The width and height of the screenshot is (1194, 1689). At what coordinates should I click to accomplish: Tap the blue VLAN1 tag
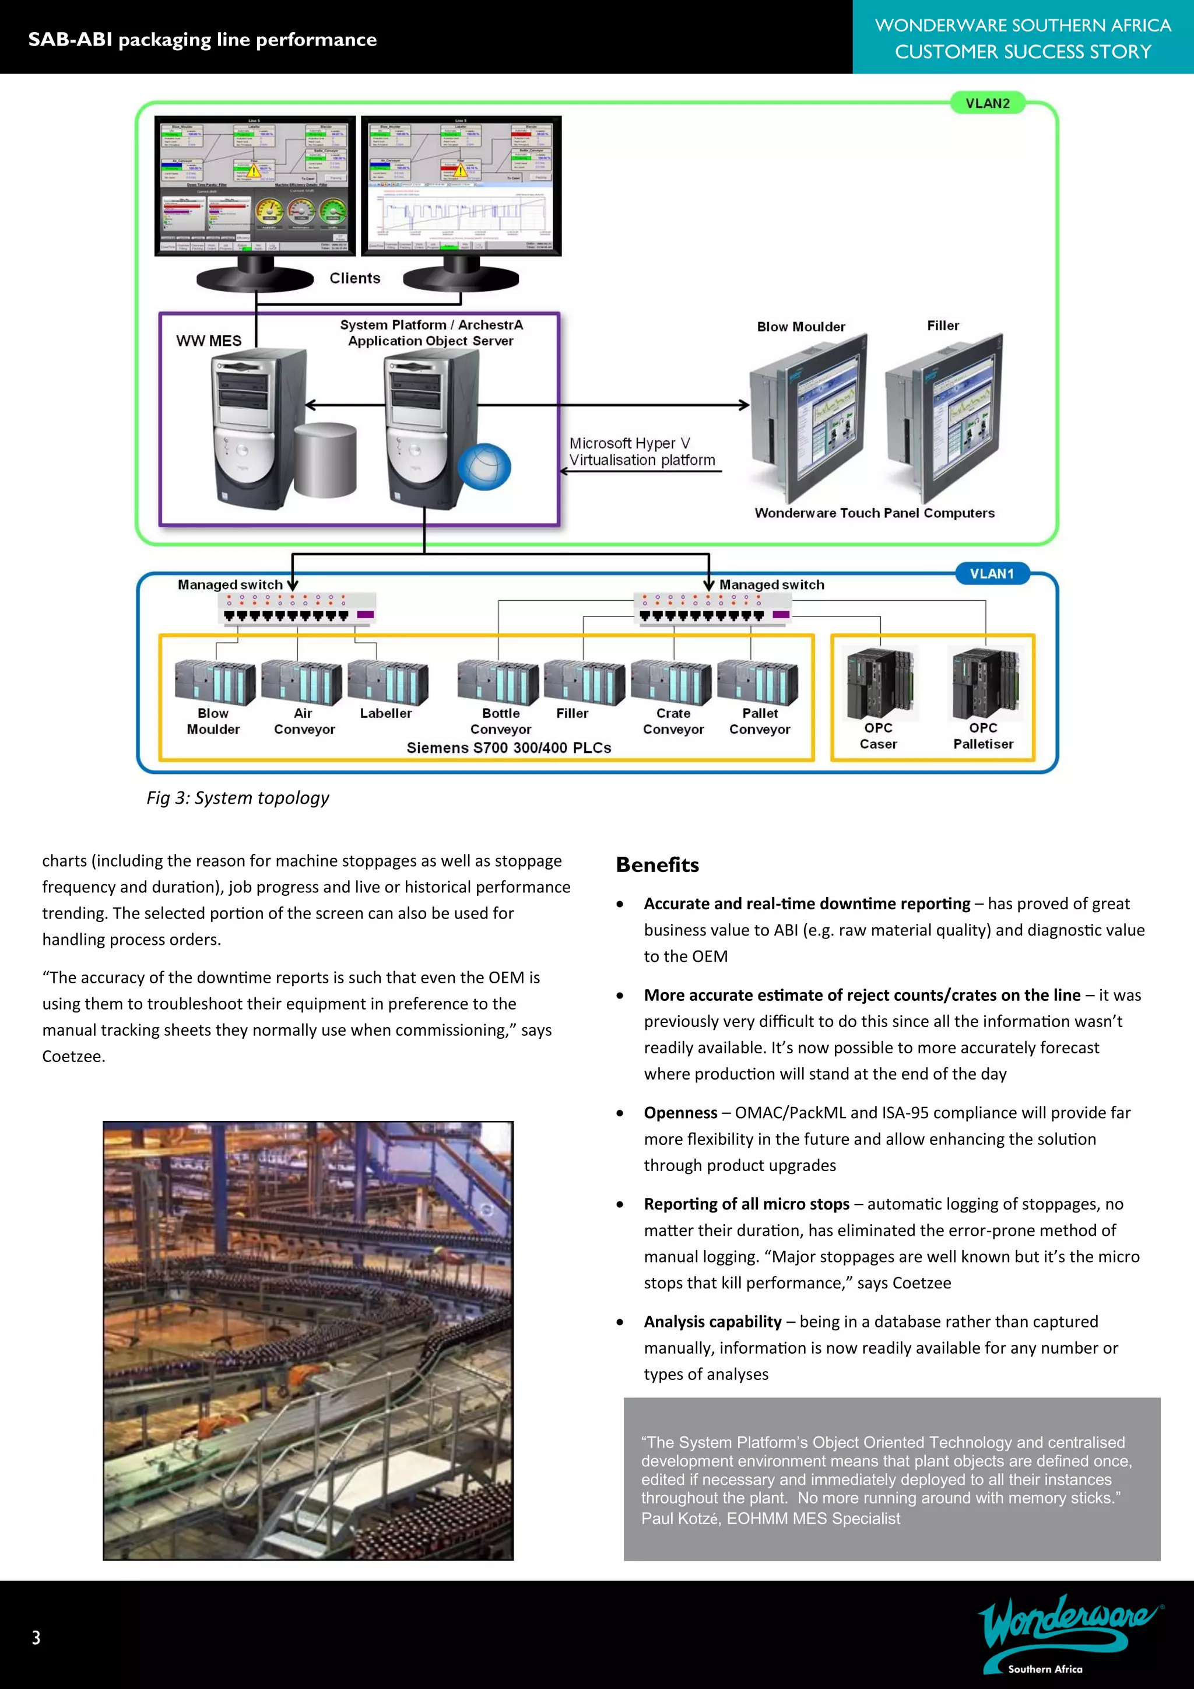pyautogui.click(x=991, y=573)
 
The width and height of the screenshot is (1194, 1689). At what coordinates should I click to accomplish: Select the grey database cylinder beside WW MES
pyautogui.click(x=326, y=460)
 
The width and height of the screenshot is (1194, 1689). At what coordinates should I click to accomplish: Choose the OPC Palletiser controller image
pyautogui.click(x=985, y=684)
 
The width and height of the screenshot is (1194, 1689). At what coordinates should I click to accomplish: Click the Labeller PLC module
pyautogui.click(x=388, y=682)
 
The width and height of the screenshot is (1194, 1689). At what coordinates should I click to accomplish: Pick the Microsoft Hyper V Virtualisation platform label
pyautogui.click(x=641, y=451)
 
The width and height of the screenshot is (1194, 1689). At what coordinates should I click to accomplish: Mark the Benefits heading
pyautogui.click(x=657, y=864)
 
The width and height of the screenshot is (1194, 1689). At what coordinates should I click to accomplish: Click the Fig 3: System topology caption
pyautogui.click(x=237, y=798)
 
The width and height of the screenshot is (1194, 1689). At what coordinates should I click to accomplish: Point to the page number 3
pyautogui.click(x=36, y=1638)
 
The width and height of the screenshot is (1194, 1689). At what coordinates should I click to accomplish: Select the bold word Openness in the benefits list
pyautogui.click(x=680, y=1112)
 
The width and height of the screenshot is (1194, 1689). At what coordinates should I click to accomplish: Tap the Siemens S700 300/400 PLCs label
pyautogui.click(x=509, y=748)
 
